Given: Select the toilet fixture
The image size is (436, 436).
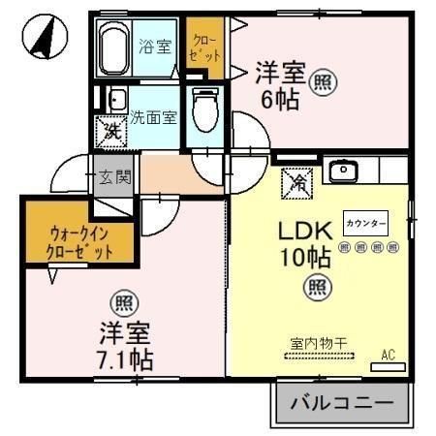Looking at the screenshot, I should tap(204, 110).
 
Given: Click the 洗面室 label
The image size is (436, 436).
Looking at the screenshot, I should tap(154, 117).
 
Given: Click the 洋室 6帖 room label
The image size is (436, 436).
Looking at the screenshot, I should tap(280, 84).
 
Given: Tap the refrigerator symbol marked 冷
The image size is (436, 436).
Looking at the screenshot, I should tap(296, 179).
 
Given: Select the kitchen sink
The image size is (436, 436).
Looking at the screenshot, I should tap(343, 172).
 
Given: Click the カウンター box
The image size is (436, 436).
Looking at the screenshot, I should tap(367, 223).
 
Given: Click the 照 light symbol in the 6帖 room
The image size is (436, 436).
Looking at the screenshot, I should tap(322, 84).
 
